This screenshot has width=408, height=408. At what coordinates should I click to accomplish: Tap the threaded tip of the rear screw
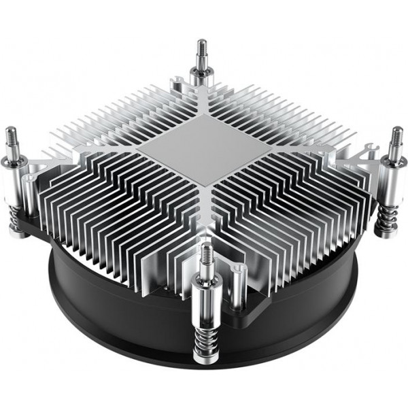[x=203, y=50]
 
